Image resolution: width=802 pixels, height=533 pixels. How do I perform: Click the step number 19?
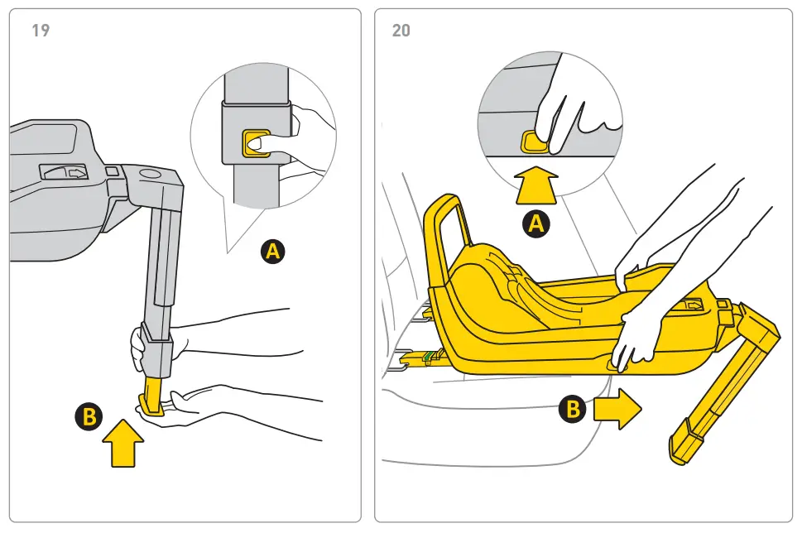click(41, 31)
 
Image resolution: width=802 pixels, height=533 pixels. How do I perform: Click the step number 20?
click(401, 31)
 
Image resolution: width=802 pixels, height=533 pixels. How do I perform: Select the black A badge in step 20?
click(537, 223)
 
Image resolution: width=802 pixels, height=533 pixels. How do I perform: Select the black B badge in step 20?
click(574, 409)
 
